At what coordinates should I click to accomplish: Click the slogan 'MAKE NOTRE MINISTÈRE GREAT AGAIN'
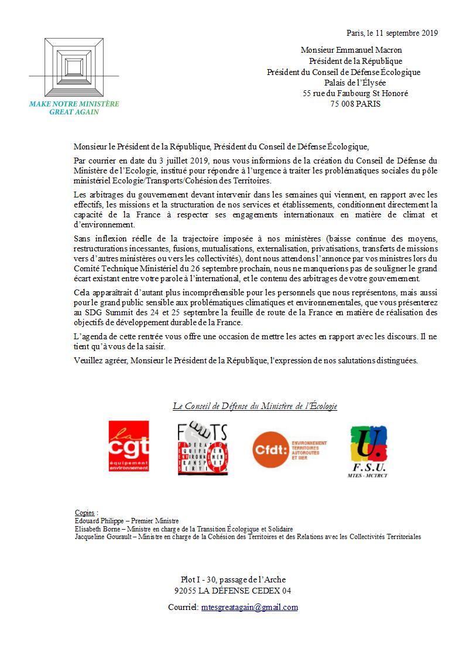74,107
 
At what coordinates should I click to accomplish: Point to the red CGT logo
129,446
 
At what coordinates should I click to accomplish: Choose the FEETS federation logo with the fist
202,448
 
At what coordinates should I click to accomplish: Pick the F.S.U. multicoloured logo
368,451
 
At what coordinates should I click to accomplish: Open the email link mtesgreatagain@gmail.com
249,608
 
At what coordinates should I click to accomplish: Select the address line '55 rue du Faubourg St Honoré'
355,93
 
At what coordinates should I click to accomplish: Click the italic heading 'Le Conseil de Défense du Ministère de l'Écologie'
255,406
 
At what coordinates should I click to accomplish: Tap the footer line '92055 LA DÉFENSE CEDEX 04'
232,591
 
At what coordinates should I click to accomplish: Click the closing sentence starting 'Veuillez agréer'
246,360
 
